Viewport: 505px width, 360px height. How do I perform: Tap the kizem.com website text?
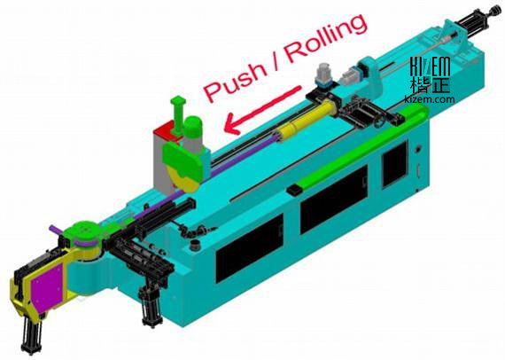430,99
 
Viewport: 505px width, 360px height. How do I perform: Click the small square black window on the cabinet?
394,165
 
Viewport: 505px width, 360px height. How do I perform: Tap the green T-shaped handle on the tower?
178,113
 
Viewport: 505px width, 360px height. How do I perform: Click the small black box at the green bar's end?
295,190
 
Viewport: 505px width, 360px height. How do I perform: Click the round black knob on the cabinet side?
418,150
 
